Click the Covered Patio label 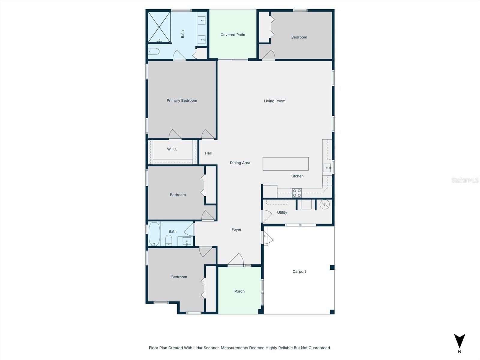pos(233,35)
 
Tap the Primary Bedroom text pos(182,100)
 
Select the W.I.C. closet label pos(172,149)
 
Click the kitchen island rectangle pos(286,164)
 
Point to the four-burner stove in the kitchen pos(297,193)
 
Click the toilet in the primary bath pos(154,51)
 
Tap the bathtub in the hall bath pos(154,234)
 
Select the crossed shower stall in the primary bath pos(159,27)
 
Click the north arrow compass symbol pos(459,341)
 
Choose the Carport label pos(299,271)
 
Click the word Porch pos(239,291)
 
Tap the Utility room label pos(282,212)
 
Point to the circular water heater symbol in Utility pos(325,205)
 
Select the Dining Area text pos(240,163)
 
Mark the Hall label pos(208,153)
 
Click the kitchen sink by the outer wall pos(327,168)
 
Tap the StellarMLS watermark pos(465,180)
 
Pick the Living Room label pos(274,101)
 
